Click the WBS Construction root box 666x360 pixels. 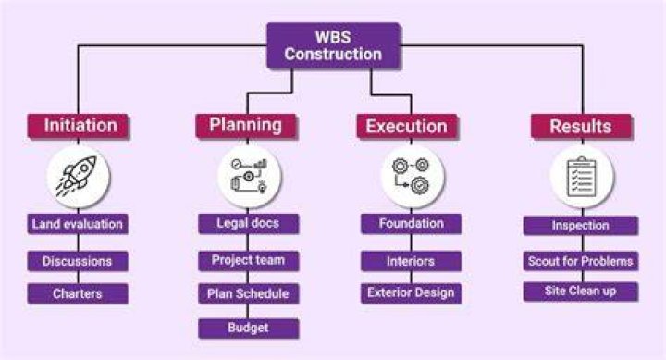pos(333,45)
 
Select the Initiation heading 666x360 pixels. pos(79,126)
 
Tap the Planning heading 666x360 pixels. pos(246,126)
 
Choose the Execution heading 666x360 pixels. pos(407,126)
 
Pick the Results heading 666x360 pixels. pos(582,126)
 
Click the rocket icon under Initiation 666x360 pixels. pos(78,176)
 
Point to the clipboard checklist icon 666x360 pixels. pos(582,177)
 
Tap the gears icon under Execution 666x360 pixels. pos(411,177)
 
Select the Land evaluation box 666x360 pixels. pos(78,224)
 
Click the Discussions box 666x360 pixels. pos(78,261)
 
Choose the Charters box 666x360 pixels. pos(78,293)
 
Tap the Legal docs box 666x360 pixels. pos(249,224)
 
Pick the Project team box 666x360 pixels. pos(249,261)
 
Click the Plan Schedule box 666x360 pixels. pos(249,293)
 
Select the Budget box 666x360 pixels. pos(249,329)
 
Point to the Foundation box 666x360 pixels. pos(411,224)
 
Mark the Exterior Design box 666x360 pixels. pos(411,292)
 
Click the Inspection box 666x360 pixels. pos(581,225)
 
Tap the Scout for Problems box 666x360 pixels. pos(581,261)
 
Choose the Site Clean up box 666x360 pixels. pos(581,292)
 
